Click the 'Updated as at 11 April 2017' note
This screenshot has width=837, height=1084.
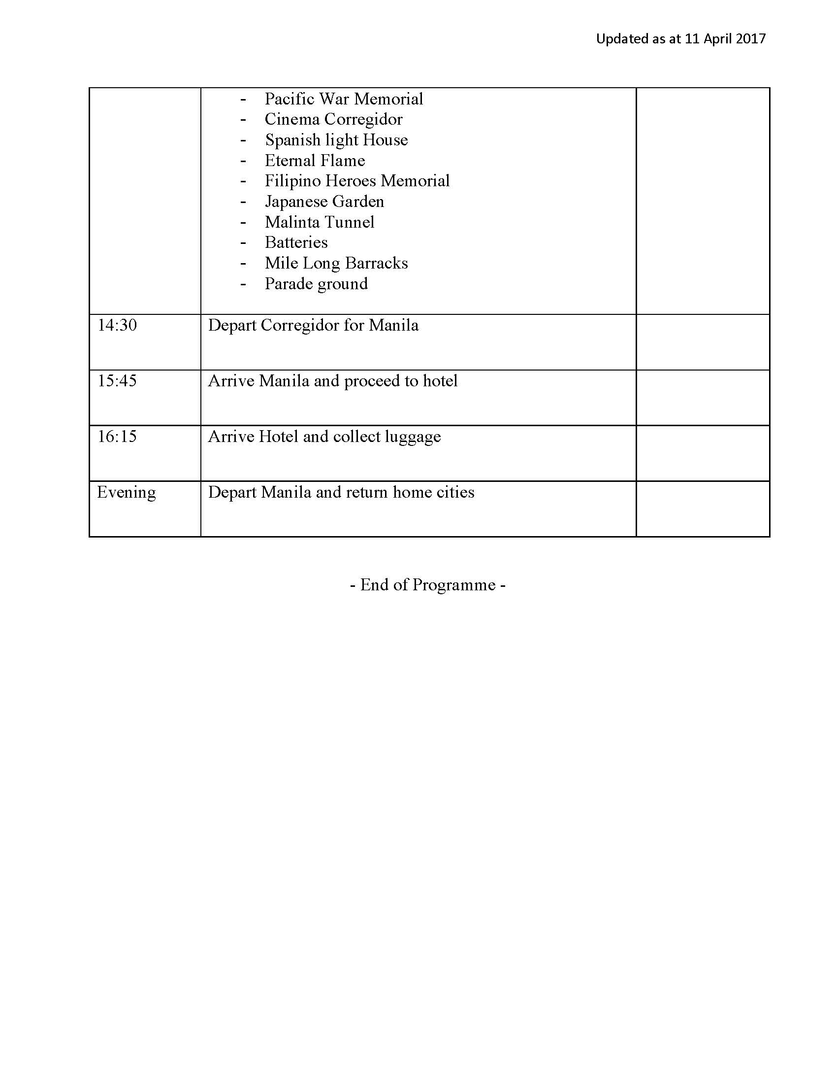680,39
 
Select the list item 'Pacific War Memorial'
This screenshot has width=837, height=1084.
344,99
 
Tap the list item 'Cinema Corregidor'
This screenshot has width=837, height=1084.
333,119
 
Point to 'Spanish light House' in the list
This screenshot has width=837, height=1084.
336,140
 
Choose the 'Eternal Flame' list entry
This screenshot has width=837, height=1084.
315,160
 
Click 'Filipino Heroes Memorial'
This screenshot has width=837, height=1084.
357,181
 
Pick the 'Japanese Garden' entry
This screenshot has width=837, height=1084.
324,202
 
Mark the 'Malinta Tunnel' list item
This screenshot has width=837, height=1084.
320,222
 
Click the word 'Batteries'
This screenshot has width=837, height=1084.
296,242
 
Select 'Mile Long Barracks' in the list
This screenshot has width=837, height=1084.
336,263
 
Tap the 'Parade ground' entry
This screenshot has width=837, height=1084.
317,284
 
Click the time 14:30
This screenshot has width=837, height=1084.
117,325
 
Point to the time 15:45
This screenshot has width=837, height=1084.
117,381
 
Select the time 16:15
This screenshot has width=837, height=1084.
117,436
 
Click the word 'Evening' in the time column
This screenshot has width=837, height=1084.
127,492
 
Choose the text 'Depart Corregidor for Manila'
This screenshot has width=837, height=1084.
313,325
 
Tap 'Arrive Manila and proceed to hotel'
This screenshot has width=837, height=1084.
332,381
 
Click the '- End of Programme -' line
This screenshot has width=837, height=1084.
427,585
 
